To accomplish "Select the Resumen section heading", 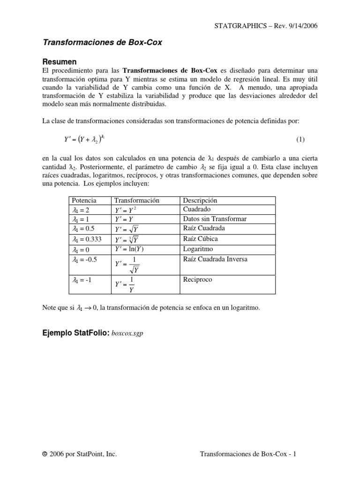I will (x=60, y=61).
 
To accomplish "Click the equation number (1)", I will (x=300, y=140).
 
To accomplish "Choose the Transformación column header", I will (x=137, y=201).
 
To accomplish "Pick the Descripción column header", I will (x=200, y=201).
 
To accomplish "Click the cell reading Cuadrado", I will (x=197, y=210).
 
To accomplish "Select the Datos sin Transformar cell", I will (x=214, y=219).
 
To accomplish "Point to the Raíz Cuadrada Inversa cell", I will (x=215, y=259).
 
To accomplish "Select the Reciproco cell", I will (x=198, y=279).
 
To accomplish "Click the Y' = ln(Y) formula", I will (x=132, y=249).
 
